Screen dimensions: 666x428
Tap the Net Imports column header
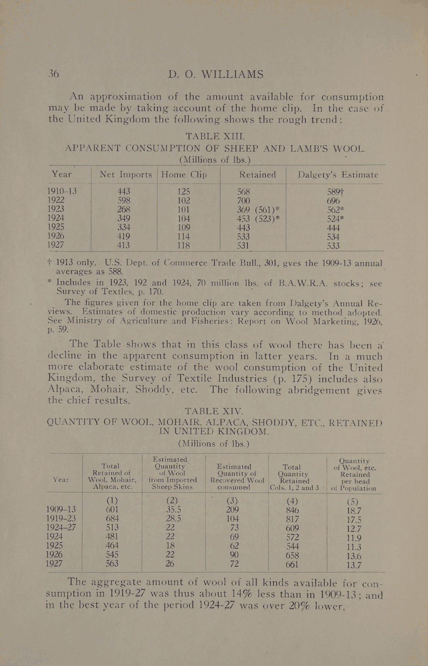click(x=126, y=175)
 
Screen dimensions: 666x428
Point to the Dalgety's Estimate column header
click(x=338, y=175)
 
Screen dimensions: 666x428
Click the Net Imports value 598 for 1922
click(x=124, y=200)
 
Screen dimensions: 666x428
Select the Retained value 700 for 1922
click(x=243, y=200)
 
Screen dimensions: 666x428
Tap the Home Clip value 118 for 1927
click(x=184, y=245)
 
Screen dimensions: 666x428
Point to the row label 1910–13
click(x=62, y=191)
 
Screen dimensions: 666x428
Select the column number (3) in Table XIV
click(x=232, y=501)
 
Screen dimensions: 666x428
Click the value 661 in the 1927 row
click(x=293, y=564)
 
